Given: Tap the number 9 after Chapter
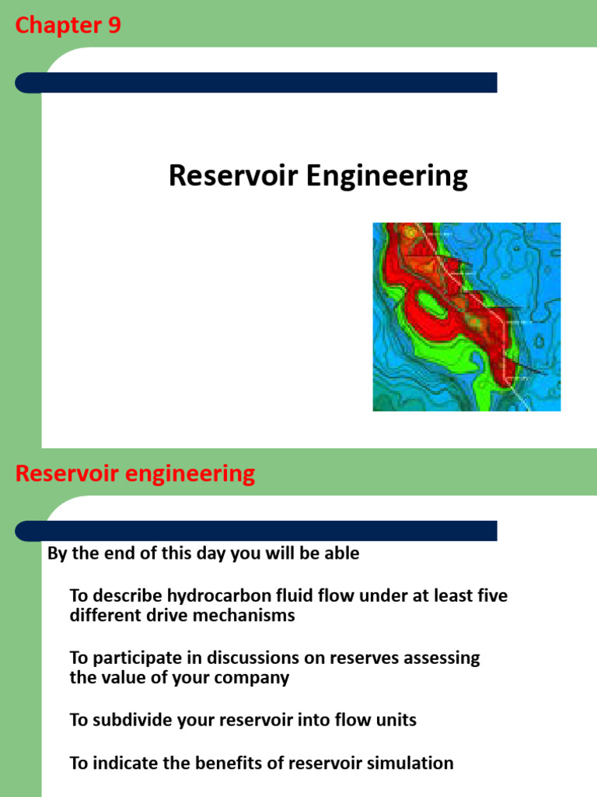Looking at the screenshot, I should click(x=113, y=26).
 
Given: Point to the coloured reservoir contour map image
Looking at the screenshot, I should click(x=466, y=317).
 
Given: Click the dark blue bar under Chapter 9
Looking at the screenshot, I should click(x=257, y=83).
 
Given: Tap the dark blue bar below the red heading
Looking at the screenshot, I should click(x=257, y=531).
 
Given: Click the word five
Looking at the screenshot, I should click(x=491, y=596).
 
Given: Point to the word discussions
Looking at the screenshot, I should click(x=256, y=658).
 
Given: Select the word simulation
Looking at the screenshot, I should click(x=412, y=763).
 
